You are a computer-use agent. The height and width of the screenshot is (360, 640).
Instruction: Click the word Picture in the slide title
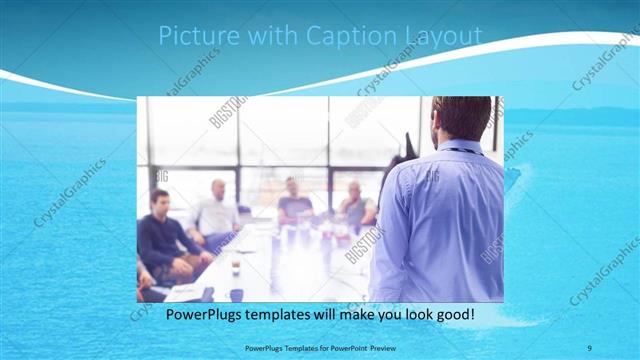click(x=199, y=37)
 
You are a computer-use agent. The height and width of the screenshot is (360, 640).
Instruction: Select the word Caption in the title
click(x=348, y=37)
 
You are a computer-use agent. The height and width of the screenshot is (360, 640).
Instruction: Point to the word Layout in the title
click(x=442, y=37)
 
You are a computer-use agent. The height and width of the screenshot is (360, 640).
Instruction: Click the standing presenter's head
click(x=462, y=118)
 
